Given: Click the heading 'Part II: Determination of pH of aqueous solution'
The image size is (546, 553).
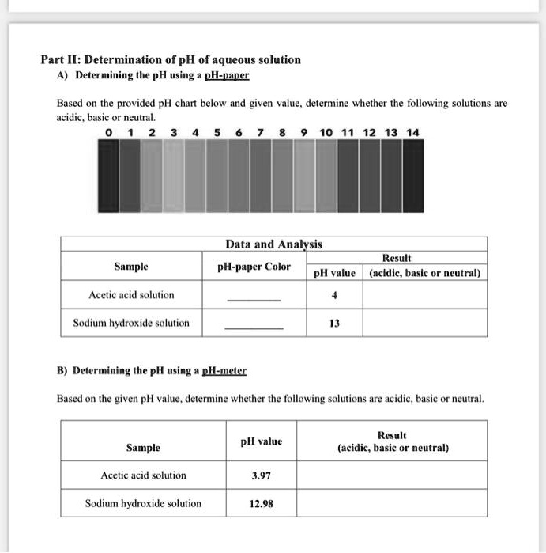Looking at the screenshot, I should tap(171, 59).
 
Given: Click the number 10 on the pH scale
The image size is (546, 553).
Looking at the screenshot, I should tap(326, 132).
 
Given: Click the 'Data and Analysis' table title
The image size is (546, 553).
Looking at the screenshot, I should tap(273, 244).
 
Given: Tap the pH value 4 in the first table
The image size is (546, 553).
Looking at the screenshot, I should tap(335, 295).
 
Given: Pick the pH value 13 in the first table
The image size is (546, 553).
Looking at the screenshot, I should tap(335, 323).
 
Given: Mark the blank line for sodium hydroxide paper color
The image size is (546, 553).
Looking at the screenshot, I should tap(254, 328).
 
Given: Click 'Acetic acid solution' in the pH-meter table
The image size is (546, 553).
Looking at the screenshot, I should tap(144, 475).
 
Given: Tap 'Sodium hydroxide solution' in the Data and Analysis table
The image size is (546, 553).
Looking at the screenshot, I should tap(131, 323).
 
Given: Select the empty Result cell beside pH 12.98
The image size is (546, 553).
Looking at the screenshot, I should tap(393, 503).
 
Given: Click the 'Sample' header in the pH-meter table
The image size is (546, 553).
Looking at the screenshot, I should tap(143, 448).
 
